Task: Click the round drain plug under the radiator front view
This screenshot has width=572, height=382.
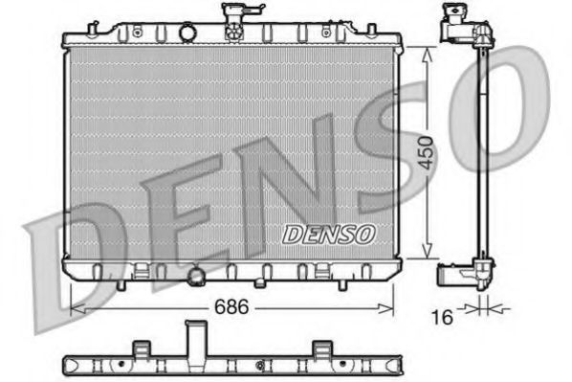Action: tap(198, 278)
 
